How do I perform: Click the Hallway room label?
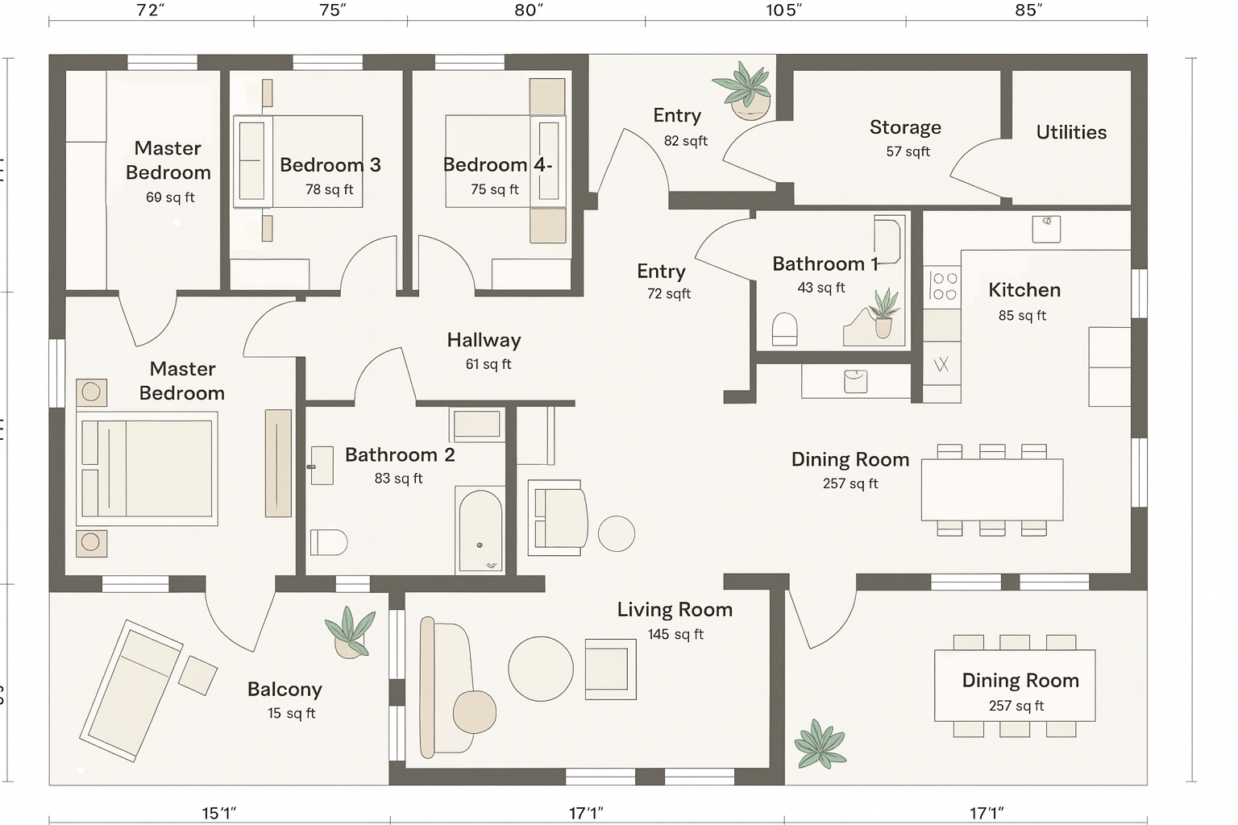pos(484,340)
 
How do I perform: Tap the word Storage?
pos(905,127)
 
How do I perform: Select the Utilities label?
pos(1071,133)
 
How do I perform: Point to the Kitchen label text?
pos(1024,290)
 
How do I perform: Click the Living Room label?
pos(675,610)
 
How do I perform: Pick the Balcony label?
pos(285,690)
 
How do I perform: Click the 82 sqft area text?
pos(685,142)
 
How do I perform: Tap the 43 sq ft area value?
pos(820,288)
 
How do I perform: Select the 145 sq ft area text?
pos(675,634)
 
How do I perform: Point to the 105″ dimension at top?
pos(783,10)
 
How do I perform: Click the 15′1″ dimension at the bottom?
pos(219,813)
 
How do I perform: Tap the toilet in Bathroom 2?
pos(328,542)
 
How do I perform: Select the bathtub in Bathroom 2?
pos(480,530)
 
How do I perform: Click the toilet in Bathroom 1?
pos(784,330)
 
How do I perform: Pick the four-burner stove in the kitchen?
pos(942,286)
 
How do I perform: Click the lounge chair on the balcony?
pos(131,690)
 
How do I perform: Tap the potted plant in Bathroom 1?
pos(883,313)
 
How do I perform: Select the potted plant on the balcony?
pos(350,632)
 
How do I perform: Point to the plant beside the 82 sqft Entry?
pos(744,91)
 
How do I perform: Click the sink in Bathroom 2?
pos(321,466)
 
